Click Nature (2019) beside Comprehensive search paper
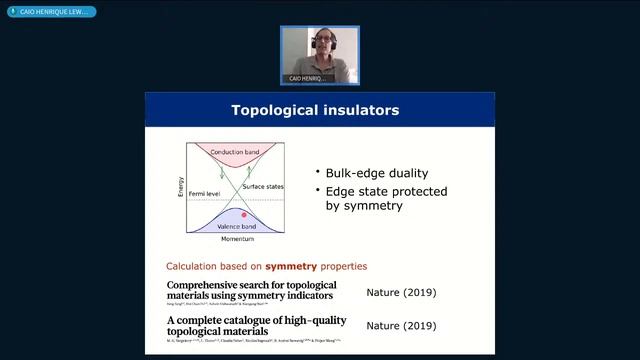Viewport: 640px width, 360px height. (401, 293)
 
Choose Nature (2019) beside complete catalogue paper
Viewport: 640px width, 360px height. (401, 325)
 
